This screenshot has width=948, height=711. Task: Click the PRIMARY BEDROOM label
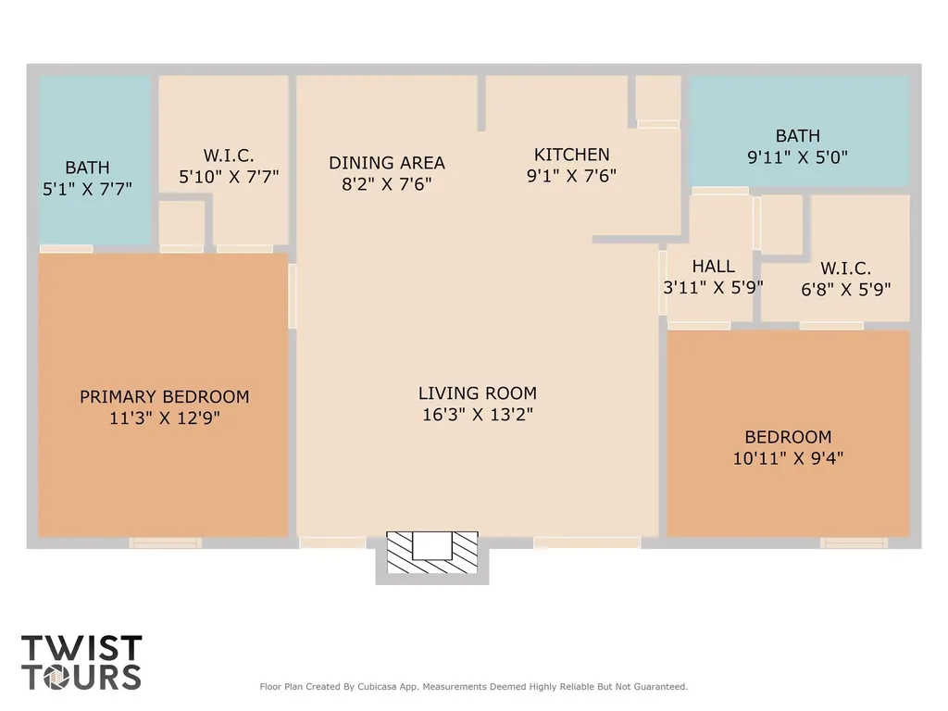pyautogui.click(x=165, y=396)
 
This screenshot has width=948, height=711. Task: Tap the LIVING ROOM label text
pyautogui.click(x=478, y=393)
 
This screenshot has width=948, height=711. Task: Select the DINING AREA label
pyautogui.click(x=387, y=163)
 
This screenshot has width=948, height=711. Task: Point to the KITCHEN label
pyautogui.click(x=571, y=155)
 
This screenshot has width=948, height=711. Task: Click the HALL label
pyautogui.click(x=714, y=266)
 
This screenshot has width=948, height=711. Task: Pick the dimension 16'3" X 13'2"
pyautogui.click(x=478, y=414)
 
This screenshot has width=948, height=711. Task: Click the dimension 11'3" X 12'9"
pyautogui.click(x=165, y=418)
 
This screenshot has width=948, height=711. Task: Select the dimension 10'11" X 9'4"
pyautogui.click(x=788, y=457)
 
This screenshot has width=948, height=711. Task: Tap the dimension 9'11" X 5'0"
pyautogui.click(x=797, y=157)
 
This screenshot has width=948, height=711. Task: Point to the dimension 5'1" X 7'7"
pyautogui.click(x=87, y=189)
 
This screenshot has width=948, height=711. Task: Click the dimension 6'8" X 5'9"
pyautogui.click(x=846, y=290)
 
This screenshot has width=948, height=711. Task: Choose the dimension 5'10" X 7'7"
pyautogui.click(x=229, y=177)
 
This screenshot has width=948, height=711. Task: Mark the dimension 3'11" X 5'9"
pyautogui.click(x=714, y=287)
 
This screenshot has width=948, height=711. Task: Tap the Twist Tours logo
pyautogui.click(x=81, y=662)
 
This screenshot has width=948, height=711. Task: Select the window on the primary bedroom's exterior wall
pyautogui.click(x=165, y=543)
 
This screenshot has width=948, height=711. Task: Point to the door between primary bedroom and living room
pyautogui.click(x=293, y=296)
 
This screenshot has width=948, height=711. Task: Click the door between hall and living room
pyautogui.click(x=663, y=283)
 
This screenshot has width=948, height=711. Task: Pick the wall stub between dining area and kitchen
pyautogui.click(x=481, y=103)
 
